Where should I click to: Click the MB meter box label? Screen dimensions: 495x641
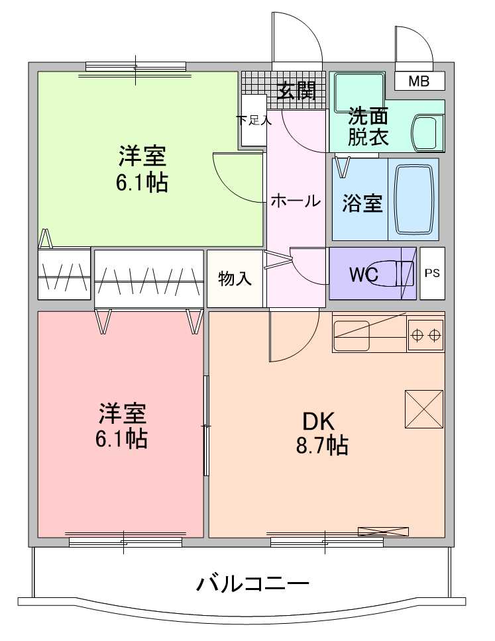point(419,81)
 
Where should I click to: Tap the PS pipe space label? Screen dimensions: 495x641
point(432,273)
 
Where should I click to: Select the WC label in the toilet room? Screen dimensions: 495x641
point(363,274)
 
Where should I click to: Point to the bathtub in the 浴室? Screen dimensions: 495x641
point(414,199)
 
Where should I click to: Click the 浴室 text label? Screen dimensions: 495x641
point(362,203)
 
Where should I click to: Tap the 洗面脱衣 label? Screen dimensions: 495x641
point(368,126)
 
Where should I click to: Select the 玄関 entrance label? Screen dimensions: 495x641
point(297,90)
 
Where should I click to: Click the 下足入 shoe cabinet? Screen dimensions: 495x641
point(254,120)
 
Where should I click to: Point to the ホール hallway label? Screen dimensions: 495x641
point(296,201)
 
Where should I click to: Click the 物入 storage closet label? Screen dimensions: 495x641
point(235,278)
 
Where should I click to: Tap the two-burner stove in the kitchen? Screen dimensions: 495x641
point(425,336)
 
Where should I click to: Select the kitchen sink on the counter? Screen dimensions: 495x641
point(352,335)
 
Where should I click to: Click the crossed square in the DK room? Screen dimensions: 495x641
point(424,409)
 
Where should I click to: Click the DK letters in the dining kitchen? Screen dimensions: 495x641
point(318,421)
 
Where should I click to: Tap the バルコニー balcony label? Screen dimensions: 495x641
point(252,584)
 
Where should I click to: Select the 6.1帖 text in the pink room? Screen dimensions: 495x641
point(121,438)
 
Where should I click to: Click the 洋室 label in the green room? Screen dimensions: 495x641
point(142,156)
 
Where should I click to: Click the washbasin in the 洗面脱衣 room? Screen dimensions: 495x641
point(427,132)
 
